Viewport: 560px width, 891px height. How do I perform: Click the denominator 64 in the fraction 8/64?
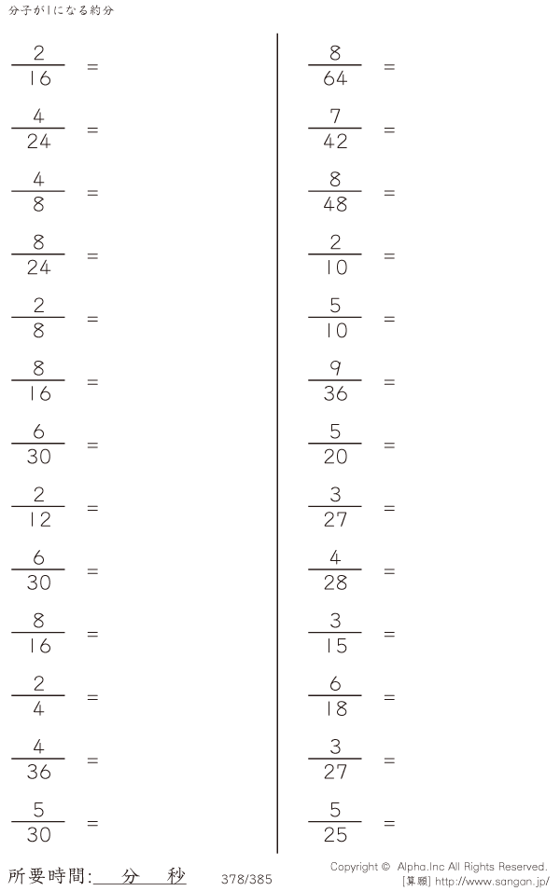(335, 78)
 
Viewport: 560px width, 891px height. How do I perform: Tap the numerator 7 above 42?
(335, 116)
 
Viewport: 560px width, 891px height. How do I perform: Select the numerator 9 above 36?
(335, 368)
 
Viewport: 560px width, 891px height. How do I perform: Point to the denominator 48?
(335, 204)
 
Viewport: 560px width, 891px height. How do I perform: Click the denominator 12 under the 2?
(39, 519)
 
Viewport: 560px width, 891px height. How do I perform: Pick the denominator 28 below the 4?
(335, 583)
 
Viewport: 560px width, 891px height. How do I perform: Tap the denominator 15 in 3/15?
(336, 646)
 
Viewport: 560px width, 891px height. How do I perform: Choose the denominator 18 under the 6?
(336, 708)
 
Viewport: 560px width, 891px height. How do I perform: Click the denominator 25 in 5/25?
(335, 835)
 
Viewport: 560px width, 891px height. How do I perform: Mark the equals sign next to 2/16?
(92, 66)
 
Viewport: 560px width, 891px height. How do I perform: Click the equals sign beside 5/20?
(389, 445)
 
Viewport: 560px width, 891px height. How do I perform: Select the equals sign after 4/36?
(92, 761)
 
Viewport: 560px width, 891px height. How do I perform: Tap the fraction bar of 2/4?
(38, 695)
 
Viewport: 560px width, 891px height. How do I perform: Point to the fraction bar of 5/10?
(335, 317)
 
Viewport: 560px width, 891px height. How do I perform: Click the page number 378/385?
(246, 879)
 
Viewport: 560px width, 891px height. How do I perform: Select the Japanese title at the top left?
(62, 10)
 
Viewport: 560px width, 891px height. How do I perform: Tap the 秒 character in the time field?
(176, 876)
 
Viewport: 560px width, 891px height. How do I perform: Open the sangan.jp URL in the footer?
(492, 882)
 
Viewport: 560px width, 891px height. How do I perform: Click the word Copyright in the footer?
(354, 867)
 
